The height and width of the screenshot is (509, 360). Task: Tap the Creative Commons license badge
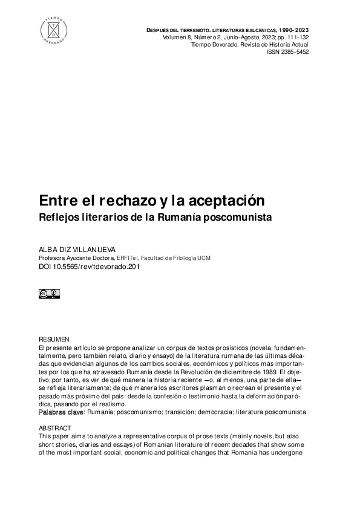pos(49,294)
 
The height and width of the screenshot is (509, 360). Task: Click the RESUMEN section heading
pos(54,340)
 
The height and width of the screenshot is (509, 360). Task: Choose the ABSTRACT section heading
pos(54,427)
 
